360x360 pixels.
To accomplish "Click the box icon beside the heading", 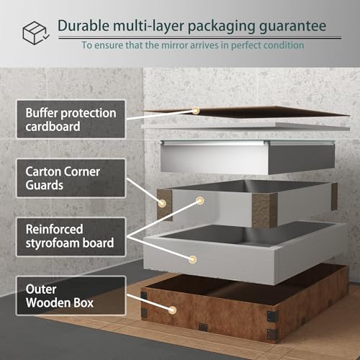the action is pyautogui.click(x=36, y=33).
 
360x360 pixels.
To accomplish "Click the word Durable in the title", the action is pyautogui.click(x=84, y=26).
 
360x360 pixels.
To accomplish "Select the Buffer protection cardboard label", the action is pyautogui.click(x=71, y=119).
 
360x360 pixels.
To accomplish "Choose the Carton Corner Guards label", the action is pyautogui.click(x=71, y=178).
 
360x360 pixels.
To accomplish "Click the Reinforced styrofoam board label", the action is pyautogui.click(x=71, y=237).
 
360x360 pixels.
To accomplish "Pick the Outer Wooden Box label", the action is pyautogui.click(x=71, y=295).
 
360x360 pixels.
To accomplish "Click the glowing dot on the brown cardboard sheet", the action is pyautogui.click(x=196, y=110).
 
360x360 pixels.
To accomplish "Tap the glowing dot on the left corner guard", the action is pyautogui.click(x=162, y=203).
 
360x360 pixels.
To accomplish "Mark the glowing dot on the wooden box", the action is pyautogui.click(x=172, y=310).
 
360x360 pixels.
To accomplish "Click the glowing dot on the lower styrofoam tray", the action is pyautogui.click(x=192, y=259).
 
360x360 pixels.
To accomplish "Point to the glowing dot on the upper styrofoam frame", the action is pyautogui.click(x=199, y=200).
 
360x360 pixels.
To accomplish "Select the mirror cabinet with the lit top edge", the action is pyautogui.click(x=248, y=157).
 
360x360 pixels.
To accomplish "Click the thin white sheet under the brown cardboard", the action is pyautogui.click(x=246, y=127).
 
